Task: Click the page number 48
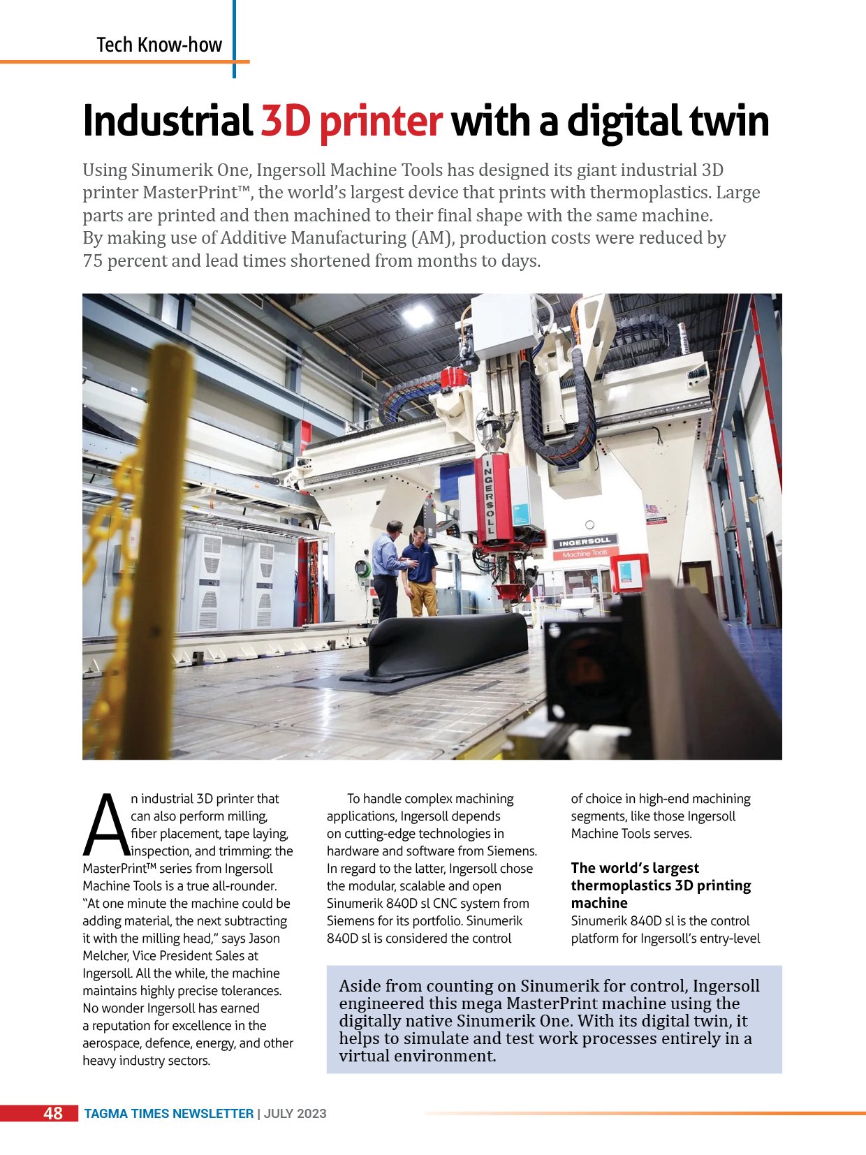53,1113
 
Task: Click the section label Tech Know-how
159,45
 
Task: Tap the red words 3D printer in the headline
351,122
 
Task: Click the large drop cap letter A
105,825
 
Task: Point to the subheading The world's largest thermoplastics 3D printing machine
660,885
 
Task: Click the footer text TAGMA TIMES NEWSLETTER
169,1114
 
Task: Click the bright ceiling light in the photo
418,316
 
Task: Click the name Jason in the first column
265,939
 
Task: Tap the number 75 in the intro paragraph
92,261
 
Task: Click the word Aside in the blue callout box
360,986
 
